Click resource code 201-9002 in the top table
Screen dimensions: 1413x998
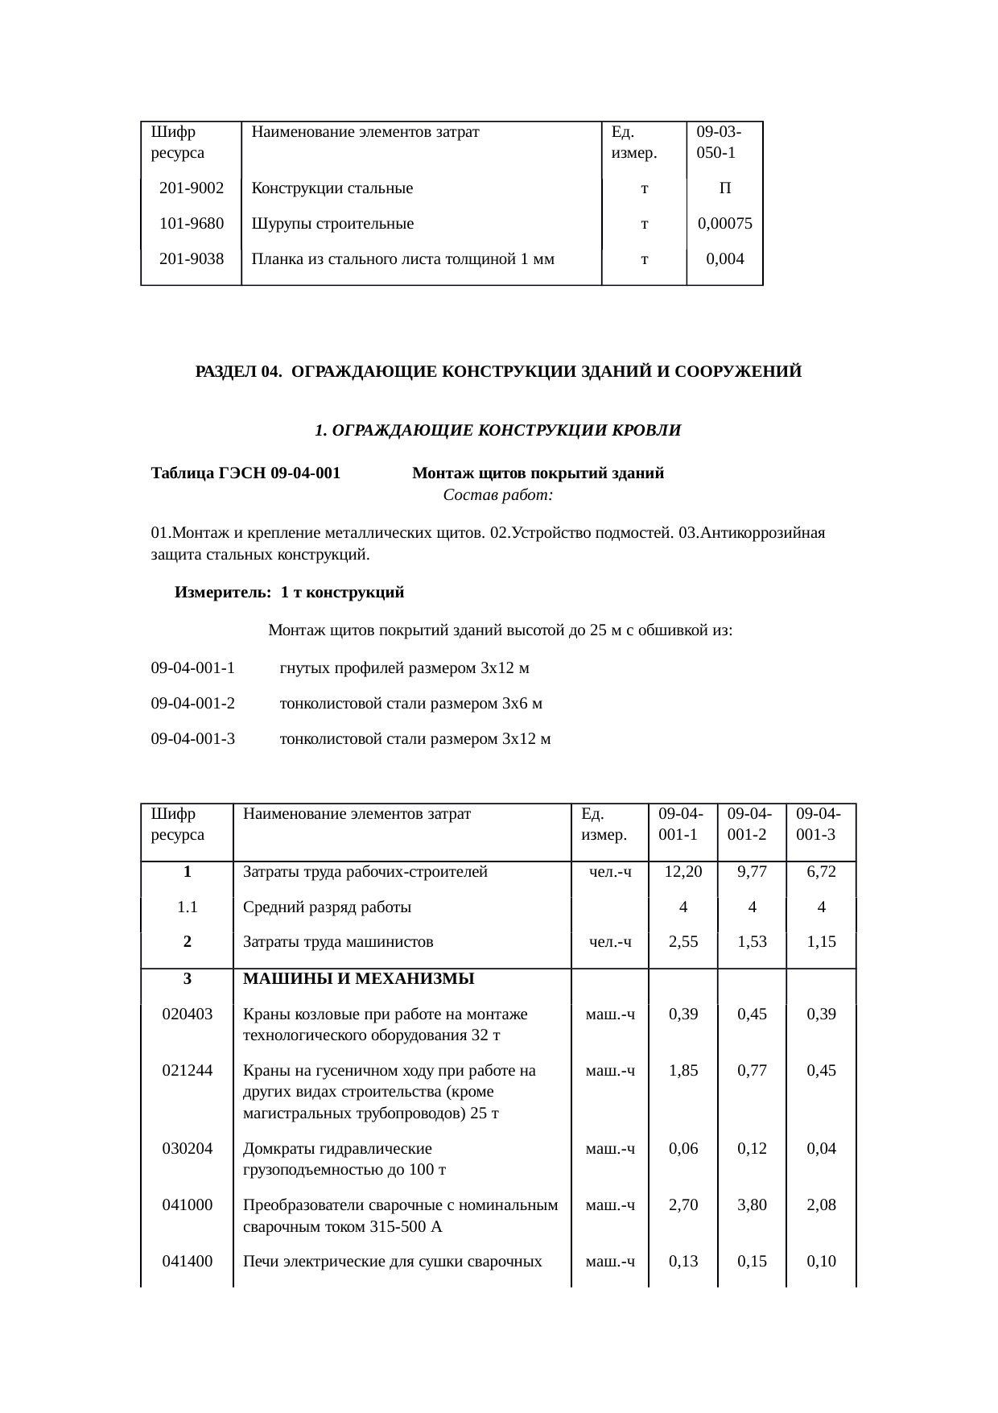pos(192,189)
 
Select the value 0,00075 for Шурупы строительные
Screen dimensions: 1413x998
pos(724,225)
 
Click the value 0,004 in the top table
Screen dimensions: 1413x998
pos(724,259)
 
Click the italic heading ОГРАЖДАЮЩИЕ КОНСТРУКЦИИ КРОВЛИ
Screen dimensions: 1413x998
pos(497,431)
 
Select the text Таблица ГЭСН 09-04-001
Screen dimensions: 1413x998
pos(245,473)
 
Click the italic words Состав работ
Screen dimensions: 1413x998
pos(497,495)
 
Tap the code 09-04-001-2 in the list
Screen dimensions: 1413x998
pos(193,704)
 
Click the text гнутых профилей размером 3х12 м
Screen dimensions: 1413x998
pos(404,668)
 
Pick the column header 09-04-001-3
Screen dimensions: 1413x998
pos(819,824)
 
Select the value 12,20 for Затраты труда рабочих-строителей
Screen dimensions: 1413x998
pos(683,872)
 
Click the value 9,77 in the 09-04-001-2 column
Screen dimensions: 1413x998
pos(752,872)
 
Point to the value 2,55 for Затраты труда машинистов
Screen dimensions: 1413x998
pos(683,942)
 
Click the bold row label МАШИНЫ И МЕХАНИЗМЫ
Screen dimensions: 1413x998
pos(358,979)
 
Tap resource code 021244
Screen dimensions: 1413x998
pos(187,1071)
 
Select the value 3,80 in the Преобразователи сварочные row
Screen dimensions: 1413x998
pos(752,1205)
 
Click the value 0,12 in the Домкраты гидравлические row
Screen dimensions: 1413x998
pos(752,1149)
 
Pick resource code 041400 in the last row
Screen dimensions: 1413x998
pos(187,1262)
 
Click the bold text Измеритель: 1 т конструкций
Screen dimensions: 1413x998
pos(289,593)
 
